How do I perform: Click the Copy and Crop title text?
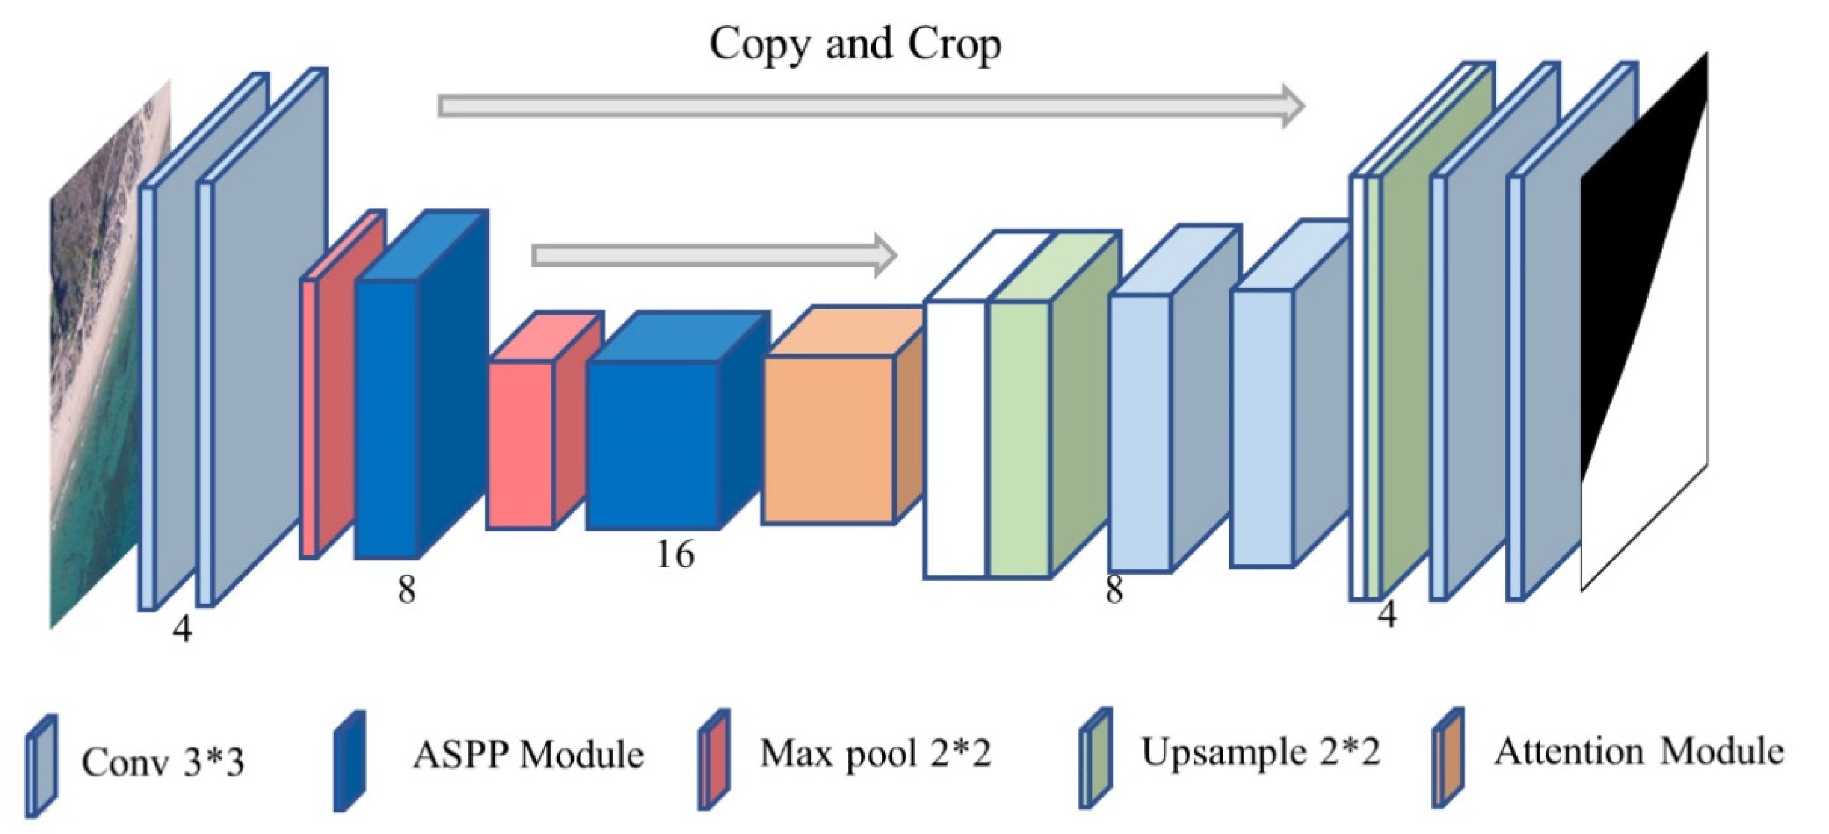click(x=855, y=44)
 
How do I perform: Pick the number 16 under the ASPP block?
click(x=675, y=554)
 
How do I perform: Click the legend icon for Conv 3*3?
click(x=41, y=765)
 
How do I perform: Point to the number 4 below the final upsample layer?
click(x=1386, y=615)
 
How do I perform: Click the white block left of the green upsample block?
click(x=955, y=440)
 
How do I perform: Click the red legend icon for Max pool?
click(x=713, y=760)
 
